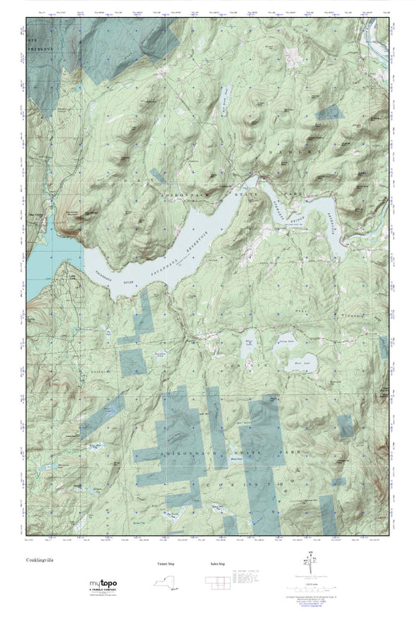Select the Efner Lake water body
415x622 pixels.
pos(248,352)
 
